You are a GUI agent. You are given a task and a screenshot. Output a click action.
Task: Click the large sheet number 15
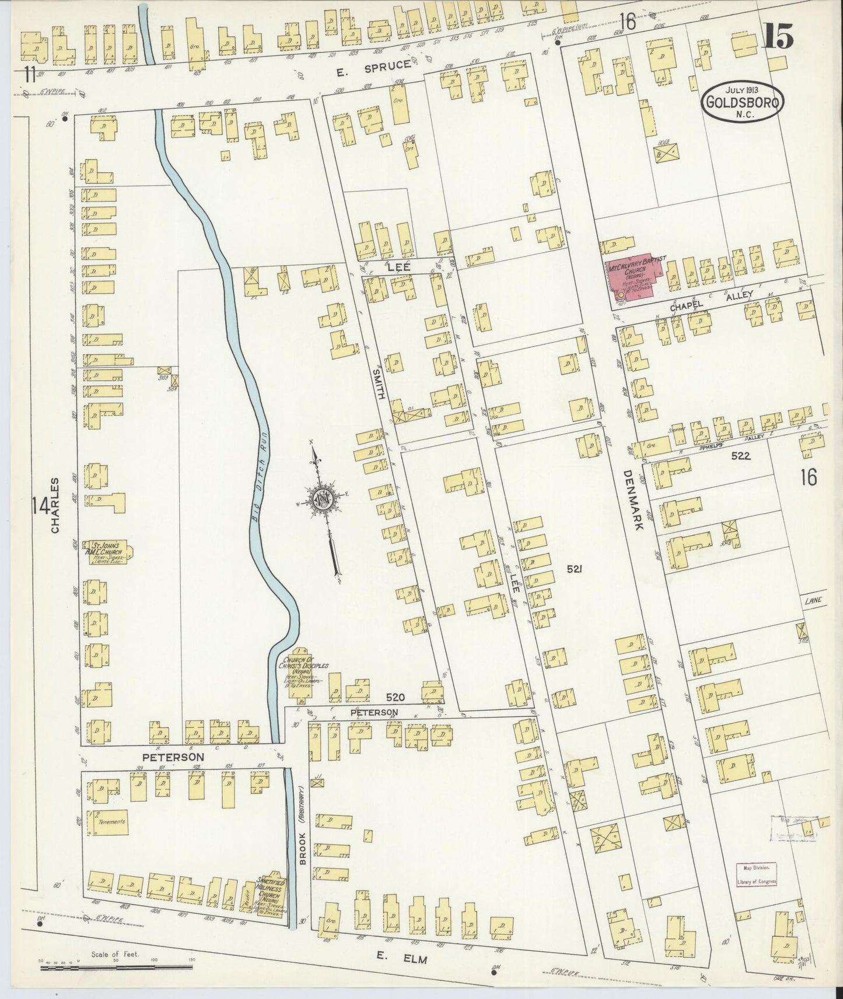coord(778,38)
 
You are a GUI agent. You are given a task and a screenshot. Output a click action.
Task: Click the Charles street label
coord(55,505)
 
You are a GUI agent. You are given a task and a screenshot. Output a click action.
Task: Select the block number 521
coord(574,570)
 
